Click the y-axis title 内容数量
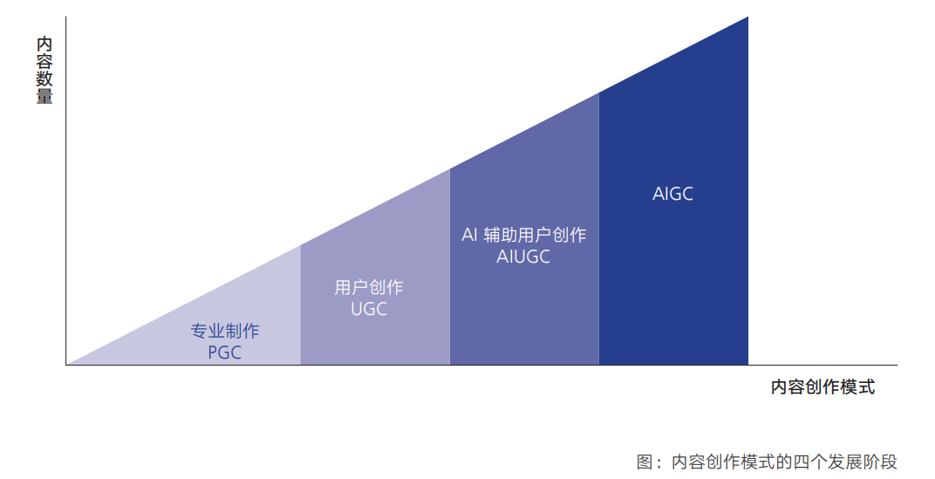click(44, 71)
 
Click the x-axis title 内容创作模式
click(822, 387)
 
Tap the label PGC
click(225, 352)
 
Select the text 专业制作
click(225, 331)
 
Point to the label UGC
click(369, 309)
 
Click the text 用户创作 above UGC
click(369, 288)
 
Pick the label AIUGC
click(523, 257)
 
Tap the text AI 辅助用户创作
click(523, 235)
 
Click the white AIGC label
click(672, 194)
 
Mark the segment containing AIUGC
click(524, 250)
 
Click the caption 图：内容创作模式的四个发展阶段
click(767, 462)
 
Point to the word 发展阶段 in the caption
click(863, 462)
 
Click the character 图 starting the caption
click(645, 462)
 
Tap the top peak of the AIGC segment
click(747, 17)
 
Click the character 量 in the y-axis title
click(44, 97)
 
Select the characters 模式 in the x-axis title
click(857, 387)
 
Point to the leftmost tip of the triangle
click(67, 364)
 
